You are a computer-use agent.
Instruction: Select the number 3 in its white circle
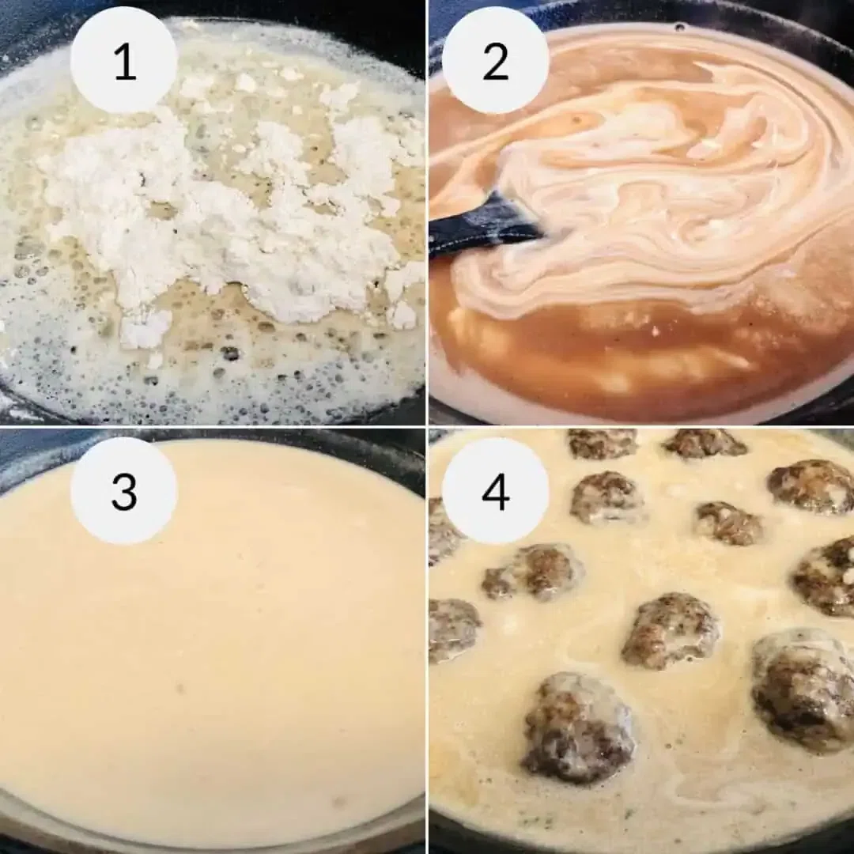point(124,491)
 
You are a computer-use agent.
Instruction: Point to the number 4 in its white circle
point(495,491)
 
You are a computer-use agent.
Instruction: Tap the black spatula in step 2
point(482,225)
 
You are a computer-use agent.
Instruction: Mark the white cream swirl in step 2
point(648,198)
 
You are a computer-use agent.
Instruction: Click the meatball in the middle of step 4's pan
point(671,630)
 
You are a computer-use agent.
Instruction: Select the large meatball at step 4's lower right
point(803,688)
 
